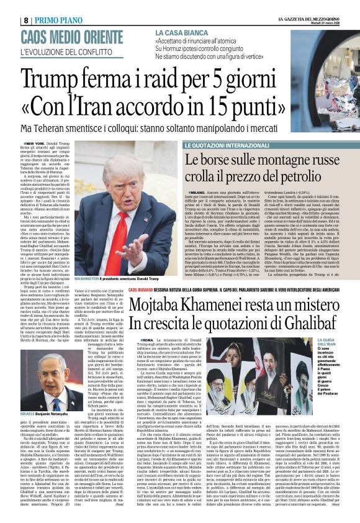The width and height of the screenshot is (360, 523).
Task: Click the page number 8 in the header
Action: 9,19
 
